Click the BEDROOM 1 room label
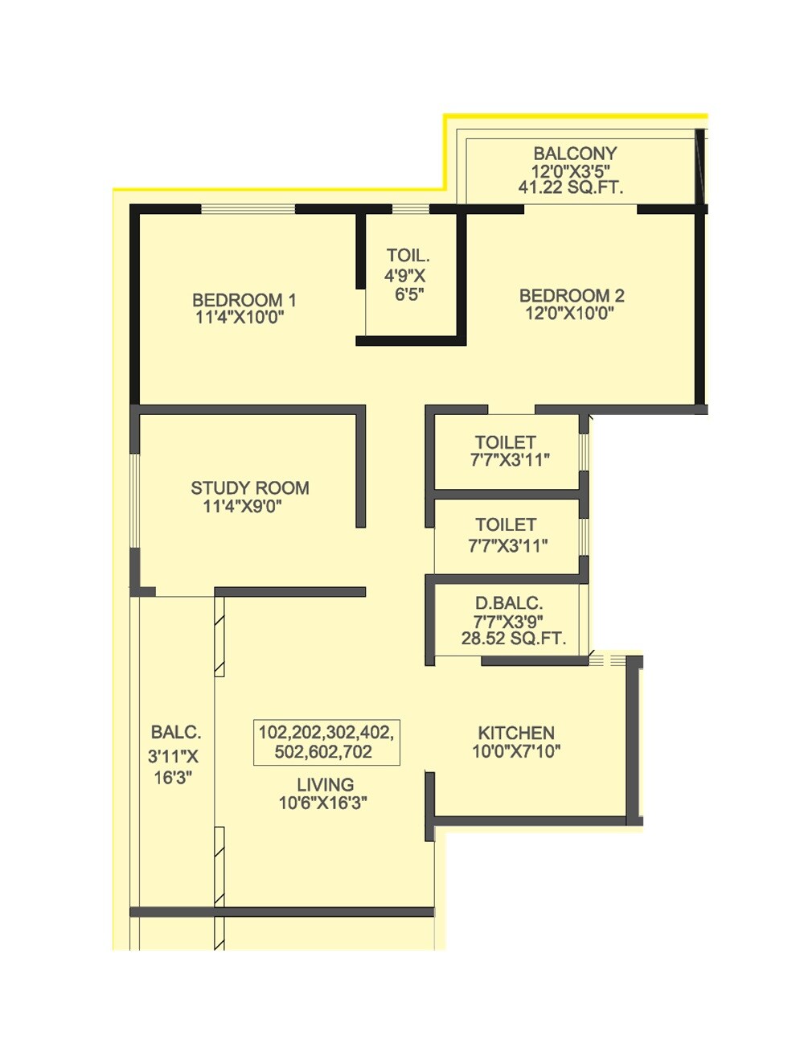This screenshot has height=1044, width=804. point(244,300)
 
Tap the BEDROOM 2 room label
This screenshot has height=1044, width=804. point(571,295)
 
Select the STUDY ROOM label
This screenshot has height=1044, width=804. point(249,488)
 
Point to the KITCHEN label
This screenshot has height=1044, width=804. point(516,733)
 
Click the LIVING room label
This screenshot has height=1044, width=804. point(325,784)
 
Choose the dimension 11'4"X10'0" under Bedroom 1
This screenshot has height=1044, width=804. point(240,318)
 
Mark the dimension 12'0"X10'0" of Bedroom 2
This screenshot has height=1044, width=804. point(569,314)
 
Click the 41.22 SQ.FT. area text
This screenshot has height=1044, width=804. point(571,188)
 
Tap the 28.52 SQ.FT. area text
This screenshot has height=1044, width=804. point(513,639)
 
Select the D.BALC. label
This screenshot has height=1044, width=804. point(509,603)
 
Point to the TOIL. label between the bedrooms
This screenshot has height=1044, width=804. point(408,256)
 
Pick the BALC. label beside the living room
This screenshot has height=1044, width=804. point(175,733)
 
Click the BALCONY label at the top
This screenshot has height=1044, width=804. point(575,153)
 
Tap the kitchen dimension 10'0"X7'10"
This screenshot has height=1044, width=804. point(516,752)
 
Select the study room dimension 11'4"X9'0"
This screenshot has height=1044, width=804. point(242,507)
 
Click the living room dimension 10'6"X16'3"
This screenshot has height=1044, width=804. point(323,803)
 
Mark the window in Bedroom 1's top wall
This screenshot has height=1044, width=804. point(248,209)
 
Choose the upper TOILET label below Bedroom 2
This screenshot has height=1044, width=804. point(505,442)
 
